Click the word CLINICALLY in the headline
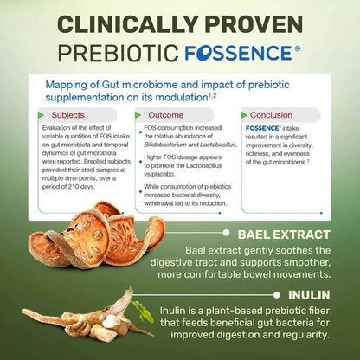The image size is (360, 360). [126, 19]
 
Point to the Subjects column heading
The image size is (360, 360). [67, 114]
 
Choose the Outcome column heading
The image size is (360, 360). [166, 114]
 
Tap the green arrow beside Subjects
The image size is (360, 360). [41, 114]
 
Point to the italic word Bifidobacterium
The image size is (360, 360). [170, 150]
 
